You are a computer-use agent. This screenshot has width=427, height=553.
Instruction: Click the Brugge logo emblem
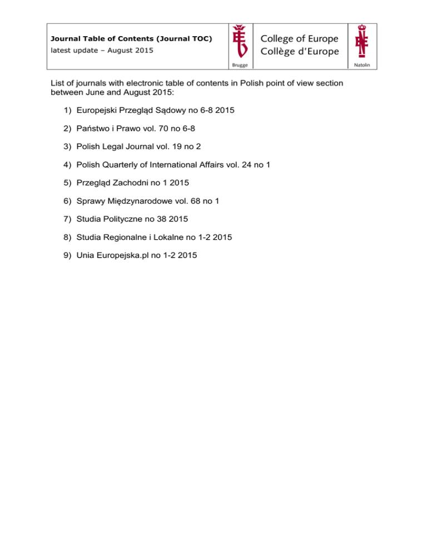[240, 42]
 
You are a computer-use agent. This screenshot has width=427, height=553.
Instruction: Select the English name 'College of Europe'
[299, 38]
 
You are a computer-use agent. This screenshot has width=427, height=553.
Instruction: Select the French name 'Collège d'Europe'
[299, 51]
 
